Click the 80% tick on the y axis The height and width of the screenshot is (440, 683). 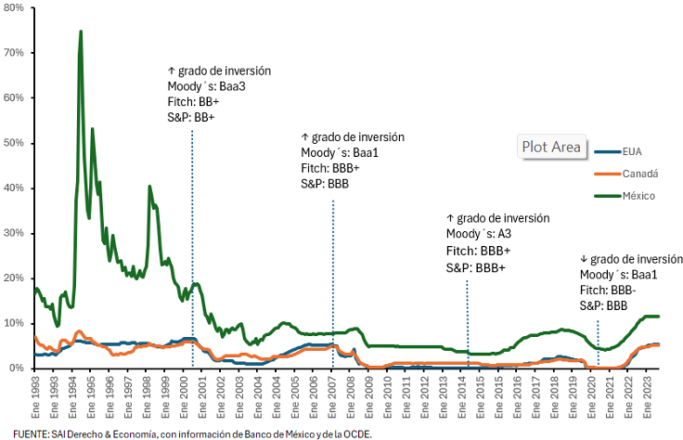15,7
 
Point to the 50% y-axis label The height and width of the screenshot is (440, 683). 15,143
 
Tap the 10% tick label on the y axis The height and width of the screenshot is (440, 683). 15,323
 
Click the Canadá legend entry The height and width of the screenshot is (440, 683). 638,174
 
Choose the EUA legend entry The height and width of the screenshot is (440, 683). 632,151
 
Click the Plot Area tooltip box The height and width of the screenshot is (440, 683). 551,146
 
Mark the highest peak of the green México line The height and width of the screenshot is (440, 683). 81,32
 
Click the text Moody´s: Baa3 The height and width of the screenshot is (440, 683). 200,86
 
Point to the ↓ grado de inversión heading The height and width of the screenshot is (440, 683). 631,259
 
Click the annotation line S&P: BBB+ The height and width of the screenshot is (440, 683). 476,267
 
